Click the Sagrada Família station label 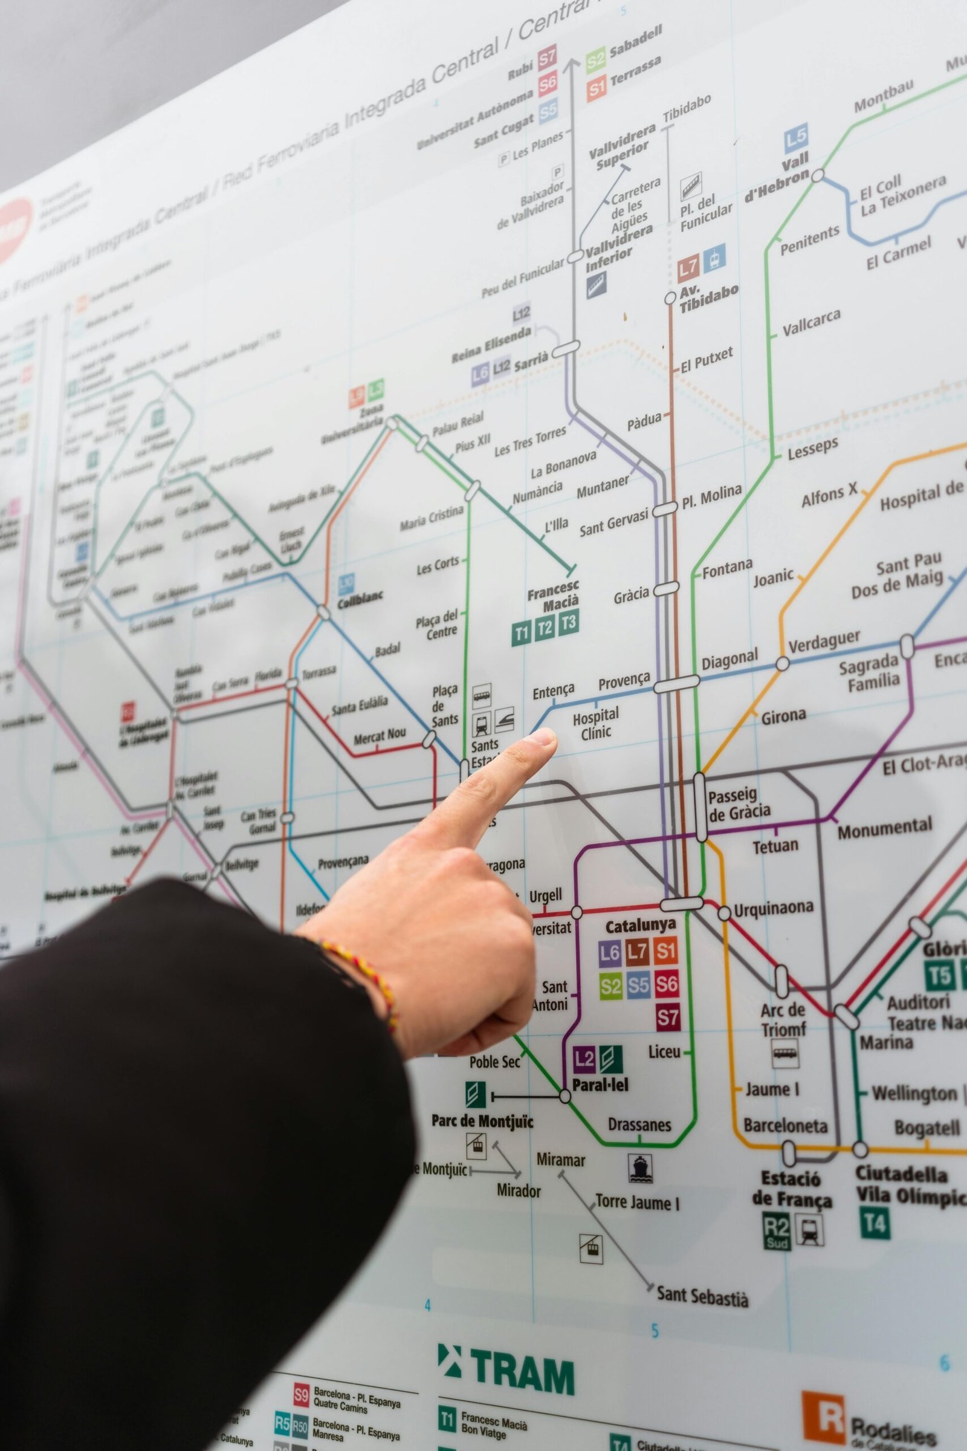pyautogui.click(x=870, y=673)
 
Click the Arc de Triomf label pyautogui.click(x=783, y=1020)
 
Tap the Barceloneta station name pyautogui.click(x=785, y=1126)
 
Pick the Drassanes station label pyautogui.click(x=639, y=1124)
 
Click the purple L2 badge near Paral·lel pyautogui.click(x=583, y=1060)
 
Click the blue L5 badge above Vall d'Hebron pyautogui.click(x=795, y=140)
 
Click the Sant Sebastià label pyautogui.click(x=702, y=1296)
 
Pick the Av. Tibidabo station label pyautogui.click(x=708, y=298)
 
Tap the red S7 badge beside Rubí pyautogui.click(x=547, y=59)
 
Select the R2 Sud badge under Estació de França pyautogui.click(x=777, y=1232)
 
